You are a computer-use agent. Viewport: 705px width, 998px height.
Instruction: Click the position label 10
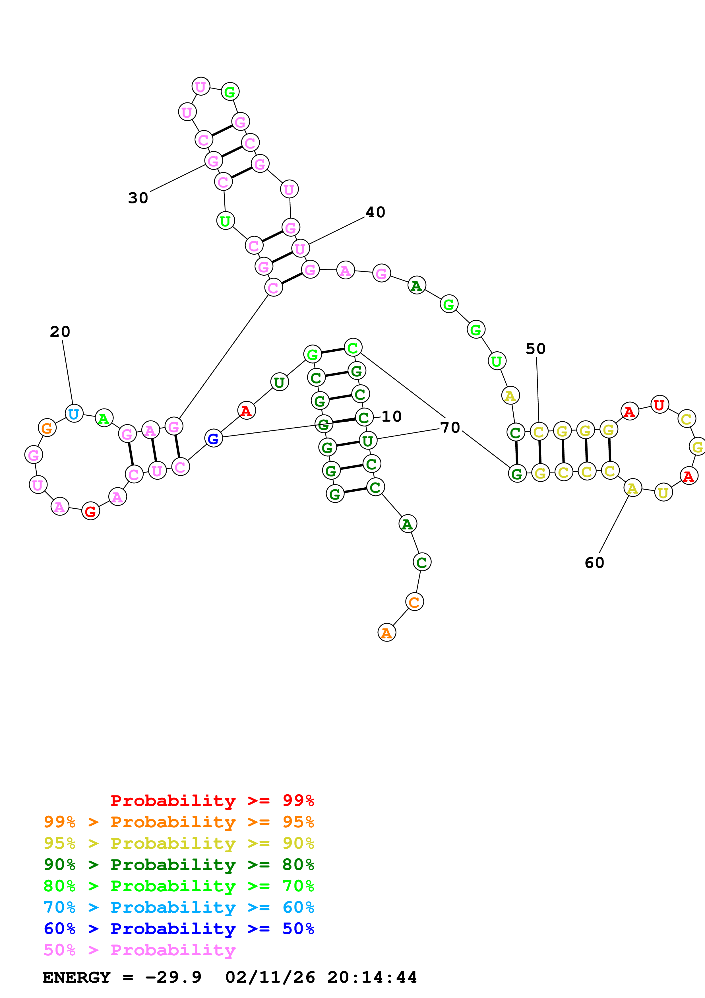(x=391, y=416)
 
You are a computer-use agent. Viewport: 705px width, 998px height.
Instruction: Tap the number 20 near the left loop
(x=60, y=332)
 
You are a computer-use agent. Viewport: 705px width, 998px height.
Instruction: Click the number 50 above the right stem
(x=536, y=349)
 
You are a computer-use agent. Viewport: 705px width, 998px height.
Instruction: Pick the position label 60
(x=594, y=563)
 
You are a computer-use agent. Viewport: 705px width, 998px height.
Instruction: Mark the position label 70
(x=450, y=427)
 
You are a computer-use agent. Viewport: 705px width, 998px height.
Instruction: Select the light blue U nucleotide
(x=74, y=413)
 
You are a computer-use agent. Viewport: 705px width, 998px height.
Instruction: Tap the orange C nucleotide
(x=414, y=602)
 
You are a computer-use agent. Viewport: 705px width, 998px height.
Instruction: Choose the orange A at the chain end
(x=386, y=633)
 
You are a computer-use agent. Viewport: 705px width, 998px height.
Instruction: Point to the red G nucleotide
(x=90, y=511)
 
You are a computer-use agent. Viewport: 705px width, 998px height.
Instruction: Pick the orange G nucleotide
(x=47, y=428)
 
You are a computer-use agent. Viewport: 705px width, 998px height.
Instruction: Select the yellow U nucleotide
(x=663, y=492)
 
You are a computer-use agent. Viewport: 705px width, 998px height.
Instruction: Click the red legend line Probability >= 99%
(x=212, y=801)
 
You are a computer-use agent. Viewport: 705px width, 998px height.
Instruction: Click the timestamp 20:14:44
(x=372, y=978)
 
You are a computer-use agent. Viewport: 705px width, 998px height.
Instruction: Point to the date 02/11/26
(x=270, y=978)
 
